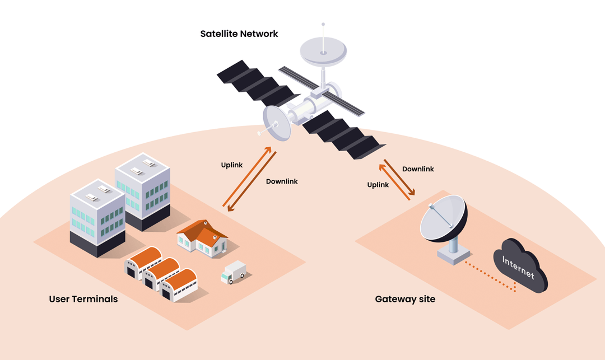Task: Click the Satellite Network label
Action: (x=239, y=34)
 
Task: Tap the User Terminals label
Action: (x=83, y=299)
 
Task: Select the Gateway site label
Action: (x=405, y=299)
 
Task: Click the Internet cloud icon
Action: (x=519, y=265)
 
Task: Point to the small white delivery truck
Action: (x=233, y=272)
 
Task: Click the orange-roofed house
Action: (x=202, y=237)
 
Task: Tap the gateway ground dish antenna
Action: (x=442, y=219)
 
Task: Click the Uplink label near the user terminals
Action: (x=232, y=165)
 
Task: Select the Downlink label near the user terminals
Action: (x=282, y=181)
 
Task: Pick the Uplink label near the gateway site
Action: (x=378, y=185)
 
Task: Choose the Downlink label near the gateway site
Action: (x=418, y=169)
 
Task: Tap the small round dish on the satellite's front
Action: (x=277, y=123)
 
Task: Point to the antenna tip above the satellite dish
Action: (x=323, y=25)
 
